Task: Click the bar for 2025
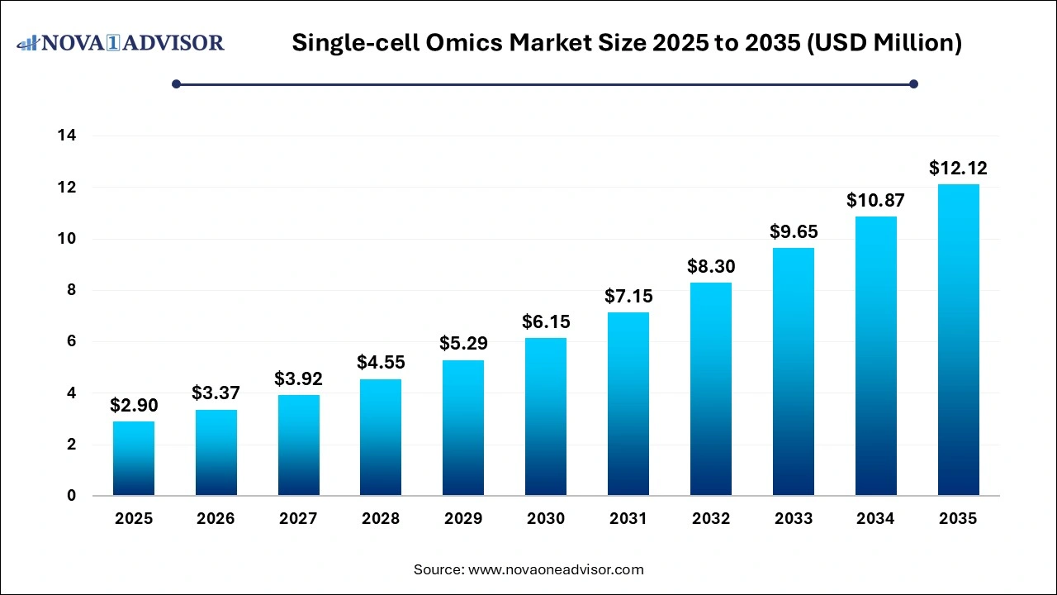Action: coord(134,459)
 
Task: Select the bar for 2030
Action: coord(546,417)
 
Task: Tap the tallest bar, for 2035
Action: coord(958,340)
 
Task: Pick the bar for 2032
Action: coord(711,389)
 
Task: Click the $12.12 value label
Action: coord(958,169)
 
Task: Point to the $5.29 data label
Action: coord(463,343)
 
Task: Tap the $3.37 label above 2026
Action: coord(216,393)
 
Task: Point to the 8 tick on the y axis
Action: coord(71,290)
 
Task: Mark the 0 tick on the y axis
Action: coord(71,496)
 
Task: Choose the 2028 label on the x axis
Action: coord(381,519)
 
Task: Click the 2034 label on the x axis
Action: coord(875,519)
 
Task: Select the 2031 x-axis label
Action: coord(628,519)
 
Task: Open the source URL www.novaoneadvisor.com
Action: coord(556,569)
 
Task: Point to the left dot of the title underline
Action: coord(176,83)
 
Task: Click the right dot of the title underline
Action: coord(913,83)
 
